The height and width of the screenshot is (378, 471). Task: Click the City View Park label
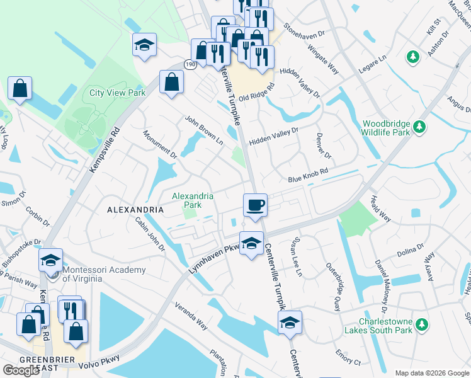pyautogui.click(x=117, y=93)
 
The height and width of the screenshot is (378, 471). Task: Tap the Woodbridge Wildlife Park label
pyautogui.click(x=386, y=129)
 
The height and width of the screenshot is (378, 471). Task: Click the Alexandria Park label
pyautogui.click(x=193, y=200)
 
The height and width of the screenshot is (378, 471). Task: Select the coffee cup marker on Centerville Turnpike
pyautogui.click(x=255, y=205)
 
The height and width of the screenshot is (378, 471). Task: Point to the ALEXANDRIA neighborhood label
pyautogui.click(x=135, y=209)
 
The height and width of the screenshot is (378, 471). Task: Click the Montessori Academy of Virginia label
pyautogui.click(x=104, y=274)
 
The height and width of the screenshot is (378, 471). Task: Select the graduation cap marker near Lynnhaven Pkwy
pyautogui.click(x=251, y=243)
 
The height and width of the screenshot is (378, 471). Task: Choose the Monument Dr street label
pyautogui.click(x=160, y=144)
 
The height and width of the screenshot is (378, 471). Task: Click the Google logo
pyautogui.click(x=21, y=370)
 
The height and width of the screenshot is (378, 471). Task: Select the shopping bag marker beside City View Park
pyautogui.click(x=171, y=83)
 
